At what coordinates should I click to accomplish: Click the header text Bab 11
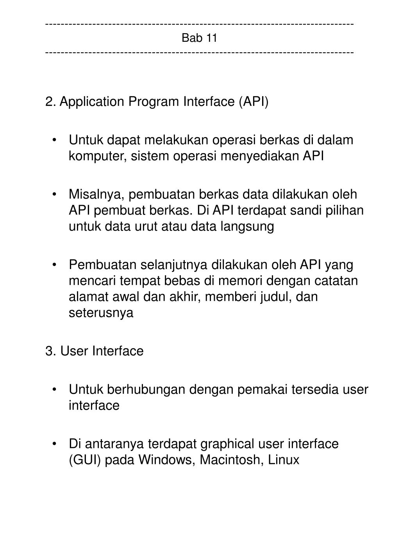click(199, 38)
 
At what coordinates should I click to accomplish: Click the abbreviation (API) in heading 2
click(253, 102)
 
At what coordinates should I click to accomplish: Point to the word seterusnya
click(101, 313)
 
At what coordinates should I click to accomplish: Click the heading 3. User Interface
click(94, 351)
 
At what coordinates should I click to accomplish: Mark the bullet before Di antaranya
click(57, 444)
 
